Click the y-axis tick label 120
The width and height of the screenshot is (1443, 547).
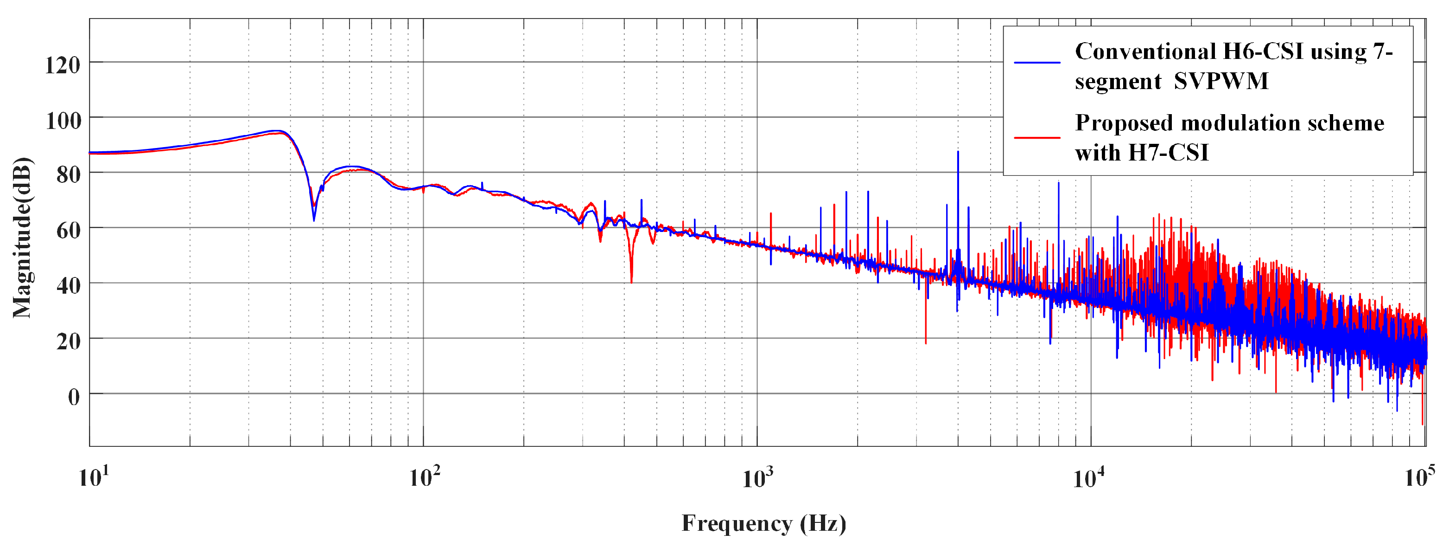(x=63, y=65)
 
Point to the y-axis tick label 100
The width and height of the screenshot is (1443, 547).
(x=63, y=121)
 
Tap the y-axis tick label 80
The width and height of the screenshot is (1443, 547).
(x=68, y=175)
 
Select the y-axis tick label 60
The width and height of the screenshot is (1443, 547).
(x=68, y=230)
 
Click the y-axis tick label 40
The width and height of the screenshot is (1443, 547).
(x=68, y=286)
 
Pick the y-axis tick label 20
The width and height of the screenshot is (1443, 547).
(x=68, y=341)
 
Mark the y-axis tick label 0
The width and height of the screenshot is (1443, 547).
(x=74, y=397)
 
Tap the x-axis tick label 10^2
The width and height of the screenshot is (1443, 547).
(x=424, y=477)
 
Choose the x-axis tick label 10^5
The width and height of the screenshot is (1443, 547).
(x=1419, y=477)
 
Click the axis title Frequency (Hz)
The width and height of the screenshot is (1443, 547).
(x=763, y=523)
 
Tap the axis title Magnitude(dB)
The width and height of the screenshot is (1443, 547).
(x=22, y=238)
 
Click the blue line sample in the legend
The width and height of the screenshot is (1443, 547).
(x=1037, y=63)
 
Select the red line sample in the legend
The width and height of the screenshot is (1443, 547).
(x=1037, y=137)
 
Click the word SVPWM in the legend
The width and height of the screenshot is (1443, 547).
(x=1221, y=81)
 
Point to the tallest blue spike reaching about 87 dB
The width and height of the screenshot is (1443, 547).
(x=958, y=153)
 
